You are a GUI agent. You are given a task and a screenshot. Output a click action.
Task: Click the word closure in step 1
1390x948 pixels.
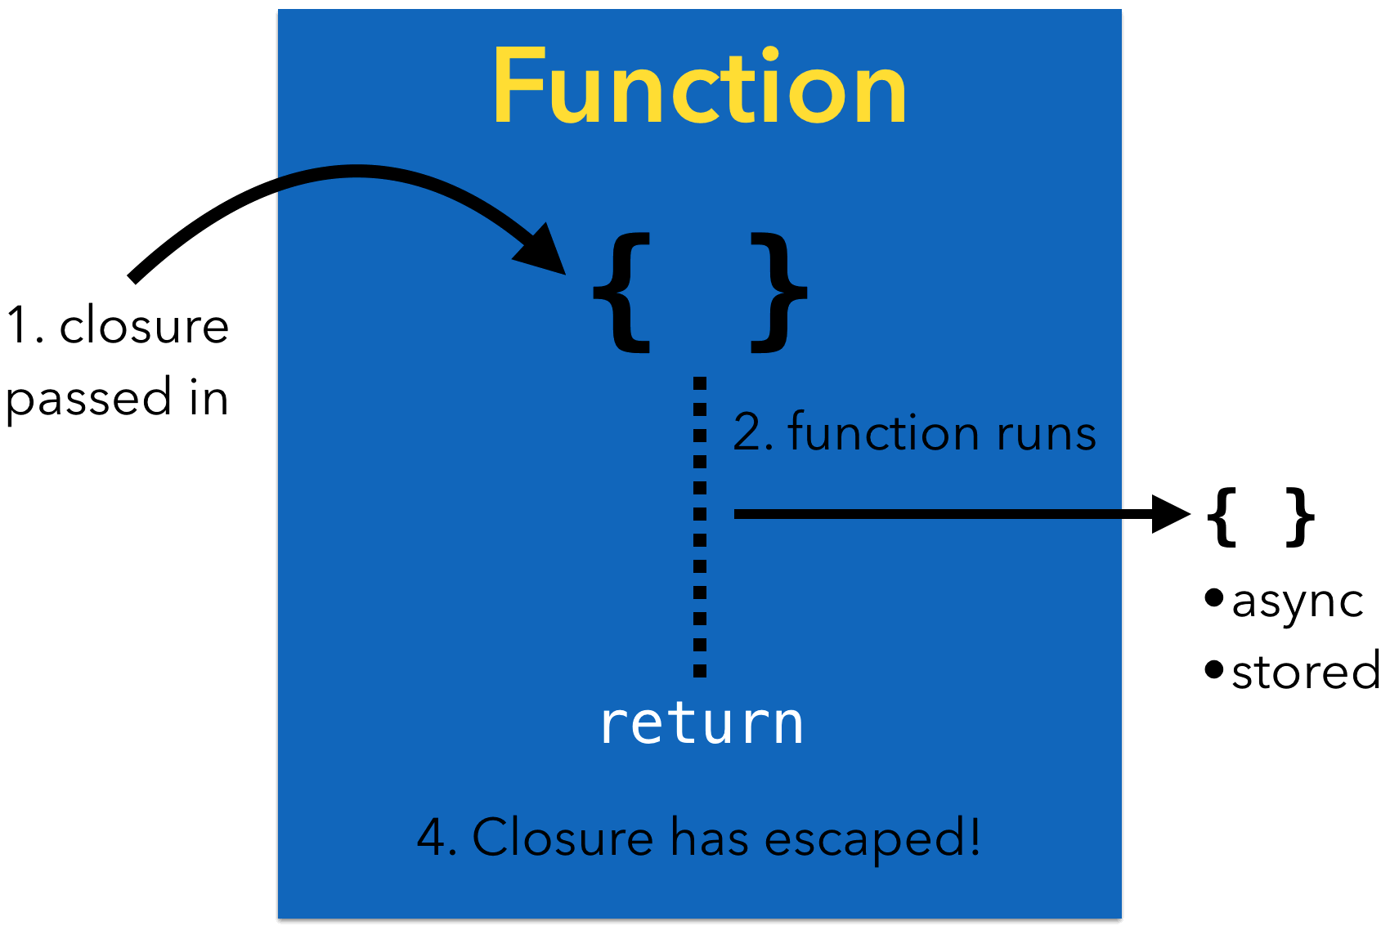pos(144,326)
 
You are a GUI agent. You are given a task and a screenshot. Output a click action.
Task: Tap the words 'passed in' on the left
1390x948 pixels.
pos(117,399)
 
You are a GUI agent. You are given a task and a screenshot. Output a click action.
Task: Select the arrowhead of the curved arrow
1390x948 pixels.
pos(543,248)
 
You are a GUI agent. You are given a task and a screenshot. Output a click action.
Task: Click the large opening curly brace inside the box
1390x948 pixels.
pos(622,292)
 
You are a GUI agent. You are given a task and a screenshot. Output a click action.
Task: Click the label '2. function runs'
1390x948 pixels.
pos(914,432)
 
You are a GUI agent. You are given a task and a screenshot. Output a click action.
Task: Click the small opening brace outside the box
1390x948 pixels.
pos(1223,516)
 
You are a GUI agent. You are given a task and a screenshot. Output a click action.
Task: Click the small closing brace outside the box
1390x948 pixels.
pos(1299,516)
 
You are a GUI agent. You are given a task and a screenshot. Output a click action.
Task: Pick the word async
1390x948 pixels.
pos(1298,603)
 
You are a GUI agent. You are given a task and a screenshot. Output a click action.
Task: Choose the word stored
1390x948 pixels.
pos(1306,672)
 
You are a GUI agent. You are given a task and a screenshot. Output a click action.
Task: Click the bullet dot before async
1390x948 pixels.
pos(1214,598)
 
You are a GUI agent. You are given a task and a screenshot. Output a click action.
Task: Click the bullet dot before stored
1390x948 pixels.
pos(1214,670)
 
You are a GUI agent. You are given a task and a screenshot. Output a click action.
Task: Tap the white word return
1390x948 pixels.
pos(702,723)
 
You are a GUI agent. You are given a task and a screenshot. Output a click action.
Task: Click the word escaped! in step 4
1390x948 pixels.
pos(872,839)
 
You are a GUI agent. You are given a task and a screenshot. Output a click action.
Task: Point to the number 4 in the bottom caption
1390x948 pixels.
pos(431,838)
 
